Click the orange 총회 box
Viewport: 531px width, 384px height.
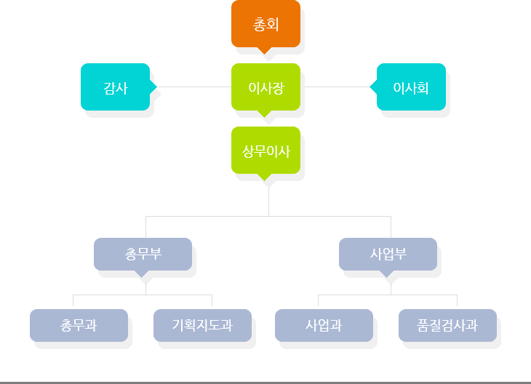click(x=265, y=24)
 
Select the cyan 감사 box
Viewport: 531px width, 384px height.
click(x=116, y=87)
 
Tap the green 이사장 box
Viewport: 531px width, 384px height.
click(x=265, y=87)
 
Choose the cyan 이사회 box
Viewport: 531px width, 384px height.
click(x=410, y=87)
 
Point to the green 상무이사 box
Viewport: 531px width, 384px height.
click(x=265, y=151)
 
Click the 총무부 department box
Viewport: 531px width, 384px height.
click(x=143, y=254)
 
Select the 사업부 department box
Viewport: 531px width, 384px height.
click(x=388, y=254)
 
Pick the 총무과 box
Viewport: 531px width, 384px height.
click(x=79, y=325)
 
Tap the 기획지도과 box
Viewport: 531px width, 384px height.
click(x=202, y=325)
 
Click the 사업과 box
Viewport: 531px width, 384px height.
click(x=324, y=325)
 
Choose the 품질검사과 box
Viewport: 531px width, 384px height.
click(x=448, y=325)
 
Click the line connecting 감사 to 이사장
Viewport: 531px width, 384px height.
click(x=193, y=87)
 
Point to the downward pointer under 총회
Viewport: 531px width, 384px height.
click(x=265, y=51)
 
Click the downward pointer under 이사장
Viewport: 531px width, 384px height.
click(x=265, y=114)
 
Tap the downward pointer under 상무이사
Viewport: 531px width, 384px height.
click(x=265, y=177)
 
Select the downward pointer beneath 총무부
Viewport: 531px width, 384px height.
click(x=142, y=274)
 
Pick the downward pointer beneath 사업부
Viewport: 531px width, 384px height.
click(x=387, y=274)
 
